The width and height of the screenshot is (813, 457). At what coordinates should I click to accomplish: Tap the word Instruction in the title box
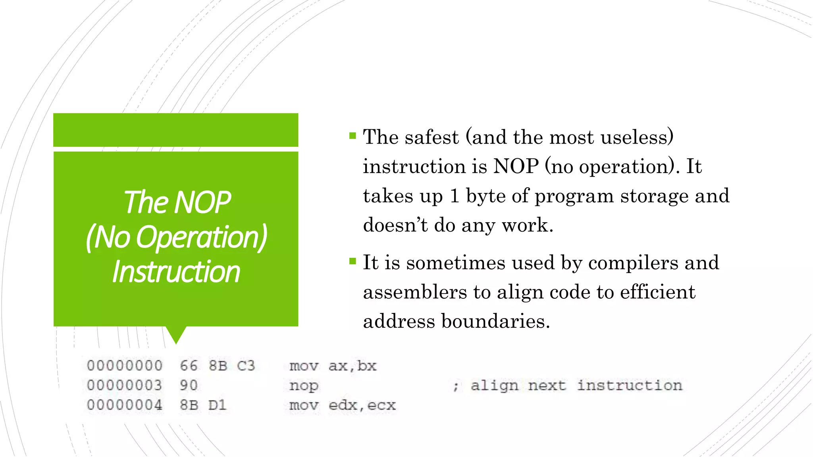point(176,272)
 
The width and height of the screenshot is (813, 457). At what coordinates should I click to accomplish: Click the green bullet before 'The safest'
point(353,136)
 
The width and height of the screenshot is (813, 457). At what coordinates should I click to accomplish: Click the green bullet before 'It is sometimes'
point(353,261)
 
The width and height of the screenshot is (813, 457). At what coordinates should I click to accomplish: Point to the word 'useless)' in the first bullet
point(637,137)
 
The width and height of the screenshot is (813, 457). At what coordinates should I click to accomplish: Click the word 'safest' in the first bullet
point(432,137)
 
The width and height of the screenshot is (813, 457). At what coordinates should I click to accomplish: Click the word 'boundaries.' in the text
point(495,321)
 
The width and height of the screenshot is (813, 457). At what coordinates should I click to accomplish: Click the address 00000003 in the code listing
point(125,385)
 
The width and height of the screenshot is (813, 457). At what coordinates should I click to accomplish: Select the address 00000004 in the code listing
point(125,405)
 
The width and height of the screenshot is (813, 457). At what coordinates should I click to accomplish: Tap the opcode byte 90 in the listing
point(189,385)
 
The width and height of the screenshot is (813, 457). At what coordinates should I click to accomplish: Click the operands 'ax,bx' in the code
point(352,366)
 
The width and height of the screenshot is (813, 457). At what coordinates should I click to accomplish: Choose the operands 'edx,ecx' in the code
point(362,405)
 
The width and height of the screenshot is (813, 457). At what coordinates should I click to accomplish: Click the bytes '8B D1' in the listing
point(203,405)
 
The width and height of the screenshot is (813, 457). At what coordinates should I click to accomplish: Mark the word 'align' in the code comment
point(494,385)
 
